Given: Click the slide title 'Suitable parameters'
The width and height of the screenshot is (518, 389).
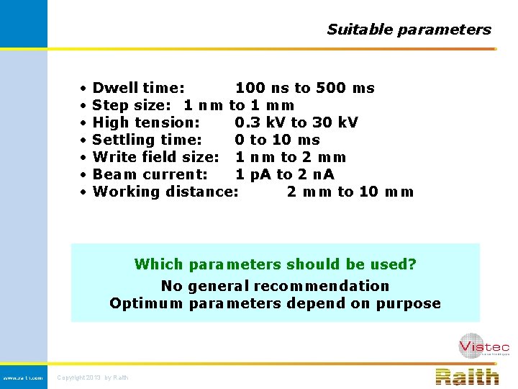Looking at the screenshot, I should (x=409, y=30).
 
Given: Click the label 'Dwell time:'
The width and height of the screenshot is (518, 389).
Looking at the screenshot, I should (x=139, y=88).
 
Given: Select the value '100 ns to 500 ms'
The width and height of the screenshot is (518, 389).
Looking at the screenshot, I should (x=305, y=88).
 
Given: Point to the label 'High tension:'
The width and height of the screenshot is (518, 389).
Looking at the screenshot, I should (x=147, y=122).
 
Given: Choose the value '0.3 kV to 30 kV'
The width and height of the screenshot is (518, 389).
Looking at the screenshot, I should (x=296, y=122).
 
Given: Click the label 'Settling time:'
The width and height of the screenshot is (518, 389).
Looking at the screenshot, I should (x=147, y=140).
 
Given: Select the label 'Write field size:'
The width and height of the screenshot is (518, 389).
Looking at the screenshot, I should (x=156, y=157).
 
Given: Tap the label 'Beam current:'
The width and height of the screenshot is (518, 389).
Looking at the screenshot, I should (x=150, y=174).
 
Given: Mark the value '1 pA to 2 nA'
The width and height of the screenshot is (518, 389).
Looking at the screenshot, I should (x=285, y=174).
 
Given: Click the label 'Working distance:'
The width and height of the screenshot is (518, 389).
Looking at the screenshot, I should (x=165, y=192).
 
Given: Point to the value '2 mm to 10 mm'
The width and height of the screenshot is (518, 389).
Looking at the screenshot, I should (x=350, y=192).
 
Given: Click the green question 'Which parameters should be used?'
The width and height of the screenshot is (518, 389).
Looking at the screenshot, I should (x=275, y=264).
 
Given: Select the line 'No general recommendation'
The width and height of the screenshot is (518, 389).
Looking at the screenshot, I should (x=275, y=286).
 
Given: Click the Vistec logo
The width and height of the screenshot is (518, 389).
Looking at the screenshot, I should (x=483, y=346).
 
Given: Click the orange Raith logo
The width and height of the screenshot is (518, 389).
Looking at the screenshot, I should (x=467, y=376).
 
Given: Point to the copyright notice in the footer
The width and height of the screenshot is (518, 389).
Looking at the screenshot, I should (x=93, y=377).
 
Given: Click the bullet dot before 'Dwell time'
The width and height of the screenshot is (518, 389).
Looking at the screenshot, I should (x=84, y=89).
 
